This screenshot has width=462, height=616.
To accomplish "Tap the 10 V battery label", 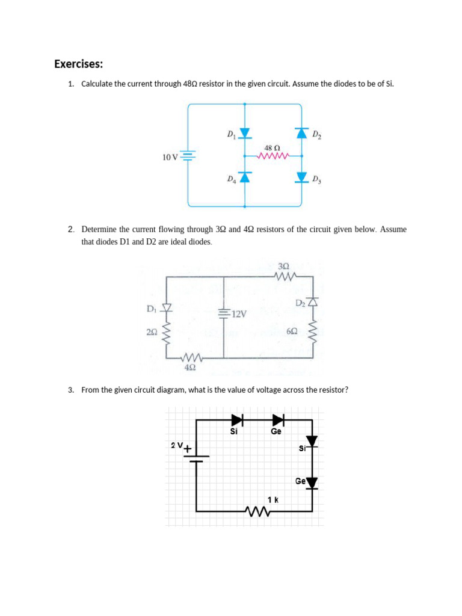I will point(170,158).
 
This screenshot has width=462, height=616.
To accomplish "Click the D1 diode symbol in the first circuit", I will point(244,133).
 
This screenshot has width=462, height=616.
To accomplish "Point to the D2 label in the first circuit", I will point(317,134).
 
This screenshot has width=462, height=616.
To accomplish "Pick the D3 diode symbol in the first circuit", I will point(301,176).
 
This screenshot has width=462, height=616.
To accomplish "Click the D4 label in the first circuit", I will point(231,179).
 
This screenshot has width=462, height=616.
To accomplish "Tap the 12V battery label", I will point(239,314).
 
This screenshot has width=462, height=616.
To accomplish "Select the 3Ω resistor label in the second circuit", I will point(285,266).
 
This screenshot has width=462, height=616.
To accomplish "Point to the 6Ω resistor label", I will point(292,331).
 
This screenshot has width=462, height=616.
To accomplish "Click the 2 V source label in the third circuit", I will point(176,445).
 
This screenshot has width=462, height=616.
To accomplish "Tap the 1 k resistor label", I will point(273,499).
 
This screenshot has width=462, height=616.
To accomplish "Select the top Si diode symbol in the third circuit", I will point(236,419).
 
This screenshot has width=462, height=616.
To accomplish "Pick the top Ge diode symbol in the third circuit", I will point(278,419).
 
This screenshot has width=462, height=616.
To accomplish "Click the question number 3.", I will point(71,390).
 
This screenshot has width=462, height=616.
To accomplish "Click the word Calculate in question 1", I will point(97,84).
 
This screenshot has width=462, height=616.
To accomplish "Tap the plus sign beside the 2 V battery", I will point(188,449).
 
